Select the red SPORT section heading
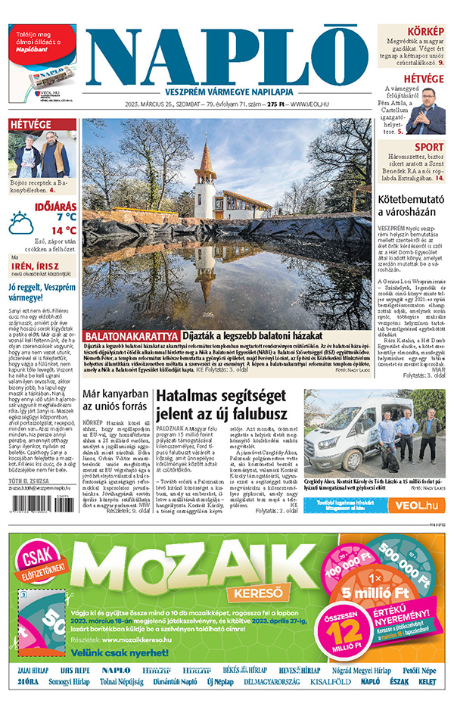(x=429, y=148)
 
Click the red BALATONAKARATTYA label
(x=132, y=335)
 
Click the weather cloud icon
(x=21, y=223)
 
